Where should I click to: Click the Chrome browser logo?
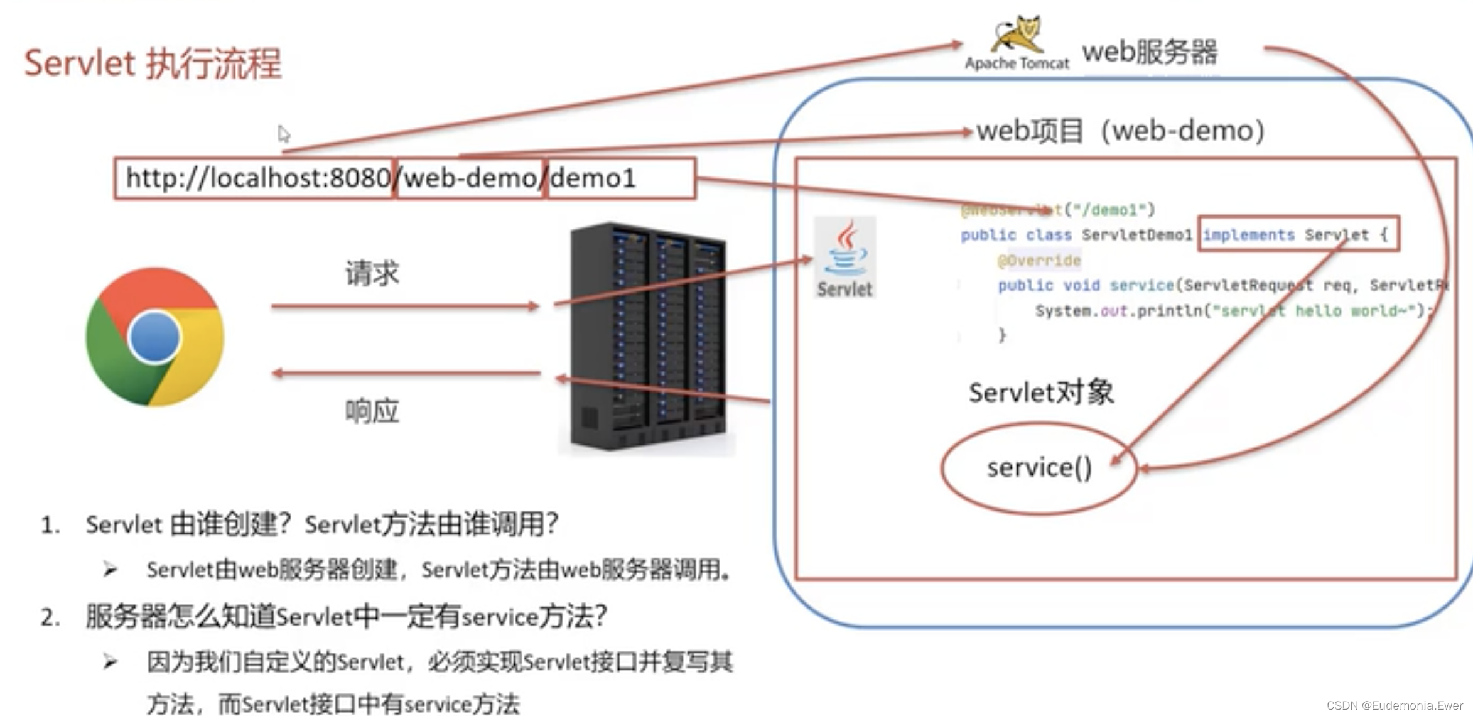tap(154, 337)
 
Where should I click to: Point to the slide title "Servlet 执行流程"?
tap(153, 63)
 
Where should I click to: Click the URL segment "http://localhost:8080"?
tap(257, 178)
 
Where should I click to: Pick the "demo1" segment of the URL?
tap(593, 178)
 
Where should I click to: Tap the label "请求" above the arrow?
tap(372, 274)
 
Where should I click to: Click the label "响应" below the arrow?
tap(372, 411)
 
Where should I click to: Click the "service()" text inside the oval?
tap(1039, 468)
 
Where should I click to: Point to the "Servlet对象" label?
tap(1041, 393)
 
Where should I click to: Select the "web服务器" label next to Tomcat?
tap(1149, 52)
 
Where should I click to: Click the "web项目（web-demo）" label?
tap(1121, 131)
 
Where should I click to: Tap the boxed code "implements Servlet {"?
tap(1298, 235)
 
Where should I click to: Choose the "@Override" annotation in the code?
tap(1039, 261)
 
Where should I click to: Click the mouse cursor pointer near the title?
tap(284, 134)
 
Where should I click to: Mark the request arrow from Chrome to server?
tap(405, 306)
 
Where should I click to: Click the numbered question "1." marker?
tap(50, 525)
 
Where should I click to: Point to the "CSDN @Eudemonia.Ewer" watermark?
tap(1395, 705)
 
